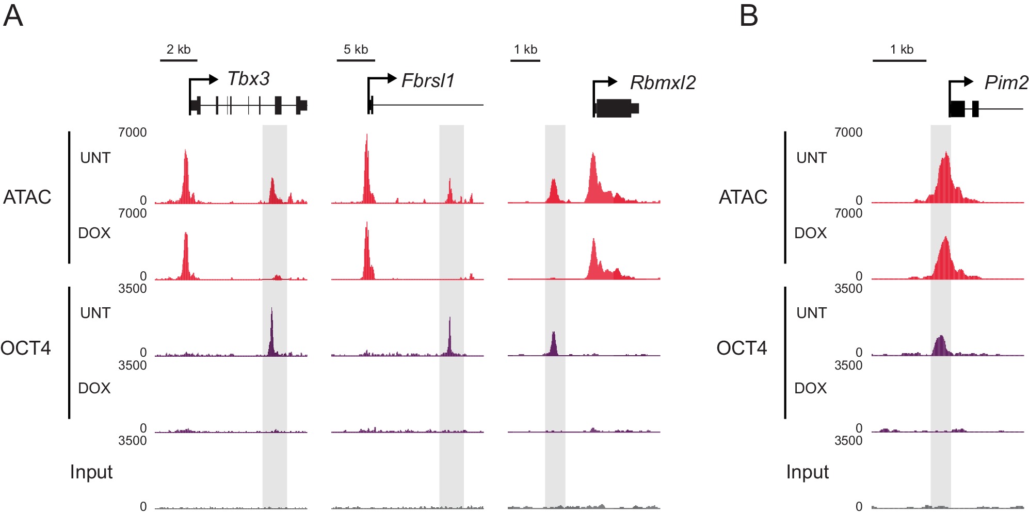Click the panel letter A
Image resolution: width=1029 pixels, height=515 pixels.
[x=13, y=15]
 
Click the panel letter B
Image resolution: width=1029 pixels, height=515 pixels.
[x=748, y=15]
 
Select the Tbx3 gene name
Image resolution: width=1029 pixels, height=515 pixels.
[x=248, y=79]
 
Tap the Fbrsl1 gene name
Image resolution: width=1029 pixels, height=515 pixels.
[x=428, y=81]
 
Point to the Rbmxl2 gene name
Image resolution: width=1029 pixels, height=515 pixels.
[x=663, y=82]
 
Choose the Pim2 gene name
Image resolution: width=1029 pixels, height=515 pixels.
[x=1006, y=82]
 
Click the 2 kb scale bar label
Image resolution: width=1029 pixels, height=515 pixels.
[x=179, y=49]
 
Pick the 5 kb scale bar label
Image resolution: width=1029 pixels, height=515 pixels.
[x=356, y=49]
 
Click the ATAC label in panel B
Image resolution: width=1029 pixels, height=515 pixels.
[x=743, y=197]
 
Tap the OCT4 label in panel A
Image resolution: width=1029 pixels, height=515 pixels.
[x=26, y=348]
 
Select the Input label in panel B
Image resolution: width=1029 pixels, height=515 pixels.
[x=807, y=472]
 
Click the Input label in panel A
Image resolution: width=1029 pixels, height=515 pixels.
[x=91, y=472]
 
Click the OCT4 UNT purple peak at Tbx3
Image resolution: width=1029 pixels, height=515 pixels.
[x=271, y=335]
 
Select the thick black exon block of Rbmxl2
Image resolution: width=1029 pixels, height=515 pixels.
[x=614, y=108]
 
